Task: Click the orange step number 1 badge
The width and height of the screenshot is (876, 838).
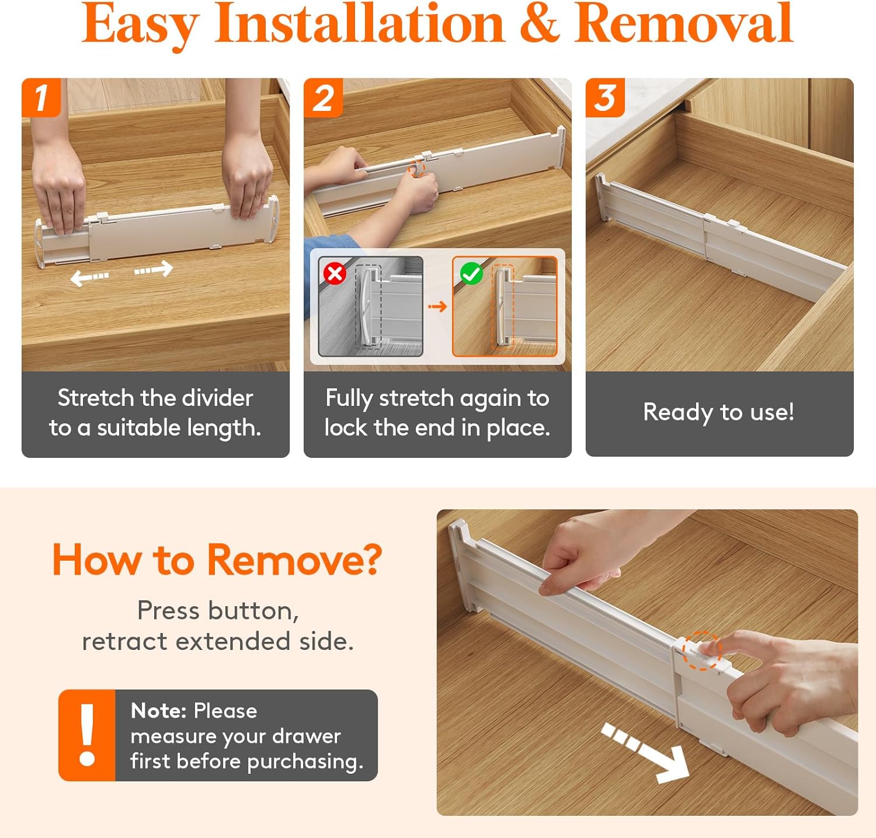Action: coord(41,97)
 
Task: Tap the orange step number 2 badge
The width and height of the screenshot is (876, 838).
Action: coord(323,97)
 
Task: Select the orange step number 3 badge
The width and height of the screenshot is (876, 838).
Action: coord(605,97)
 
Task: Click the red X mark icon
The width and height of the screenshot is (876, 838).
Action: coord(335,273)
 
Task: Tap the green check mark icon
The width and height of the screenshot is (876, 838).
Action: coord(471,273)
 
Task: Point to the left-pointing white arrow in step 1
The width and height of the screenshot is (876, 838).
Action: coord(89,277)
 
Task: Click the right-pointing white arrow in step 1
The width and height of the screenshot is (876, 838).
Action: coord(154,269)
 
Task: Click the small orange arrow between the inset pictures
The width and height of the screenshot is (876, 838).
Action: coord(437,306)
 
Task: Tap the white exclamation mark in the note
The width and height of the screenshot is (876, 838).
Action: coord(88,735)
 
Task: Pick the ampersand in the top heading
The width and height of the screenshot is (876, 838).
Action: coord(539,24)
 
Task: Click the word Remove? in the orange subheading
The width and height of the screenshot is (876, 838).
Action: coord(294,559)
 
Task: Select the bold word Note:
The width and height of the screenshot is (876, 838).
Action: coord(158,710)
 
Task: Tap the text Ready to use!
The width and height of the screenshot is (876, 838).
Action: coord(719,412)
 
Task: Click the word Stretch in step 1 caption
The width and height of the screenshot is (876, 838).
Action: coord(96,398)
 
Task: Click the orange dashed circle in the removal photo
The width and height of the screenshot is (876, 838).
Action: coord(703,651)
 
